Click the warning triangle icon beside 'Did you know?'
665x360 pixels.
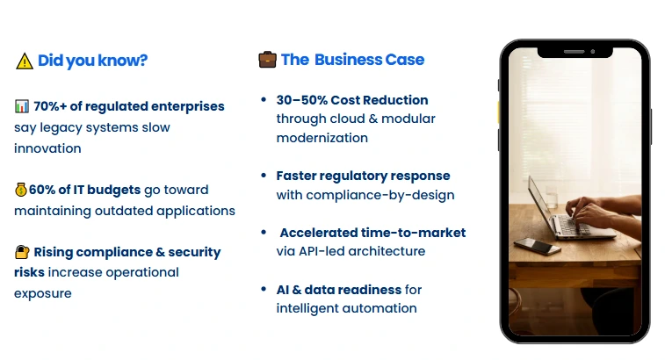pyautogui.click(x=24, y=61)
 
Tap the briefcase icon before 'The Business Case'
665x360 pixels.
pyautogui.click(x=267, y=60)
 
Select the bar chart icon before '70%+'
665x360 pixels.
pyautogui.click(x=22, y=106)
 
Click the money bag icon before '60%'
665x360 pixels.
pyautogui.click(x=21, y=190)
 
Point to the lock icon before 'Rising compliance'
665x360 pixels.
pyautogui.click(x=22, y=252)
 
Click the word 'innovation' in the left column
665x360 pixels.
pyautogui.click(x=47, y=148)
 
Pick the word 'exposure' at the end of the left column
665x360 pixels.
pyautogui.click(x=42, y=293)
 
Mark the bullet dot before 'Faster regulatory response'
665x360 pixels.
pyautogui.click(x=264, y=176)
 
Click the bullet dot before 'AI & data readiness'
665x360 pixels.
pyautogui.click(x=264, y=289)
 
